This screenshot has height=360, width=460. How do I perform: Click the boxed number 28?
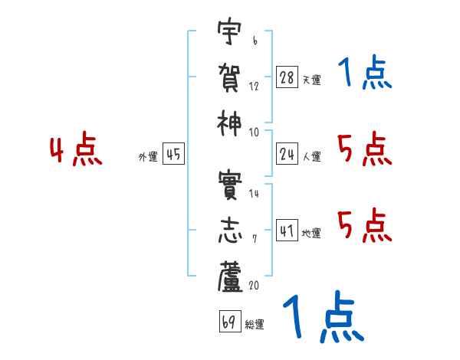tap(287, 77)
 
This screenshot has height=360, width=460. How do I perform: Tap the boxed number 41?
tap(287, 231)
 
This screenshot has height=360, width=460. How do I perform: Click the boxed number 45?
tap(173, 155)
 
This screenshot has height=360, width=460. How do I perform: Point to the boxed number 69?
tap(228, 322)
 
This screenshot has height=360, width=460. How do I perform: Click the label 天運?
tap(311, 80)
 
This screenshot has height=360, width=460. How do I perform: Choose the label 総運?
tap(255, 325)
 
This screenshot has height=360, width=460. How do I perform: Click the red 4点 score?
tap(75, 151)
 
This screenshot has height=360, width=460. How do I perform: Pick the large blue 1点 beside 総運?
tap(322, 319)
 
